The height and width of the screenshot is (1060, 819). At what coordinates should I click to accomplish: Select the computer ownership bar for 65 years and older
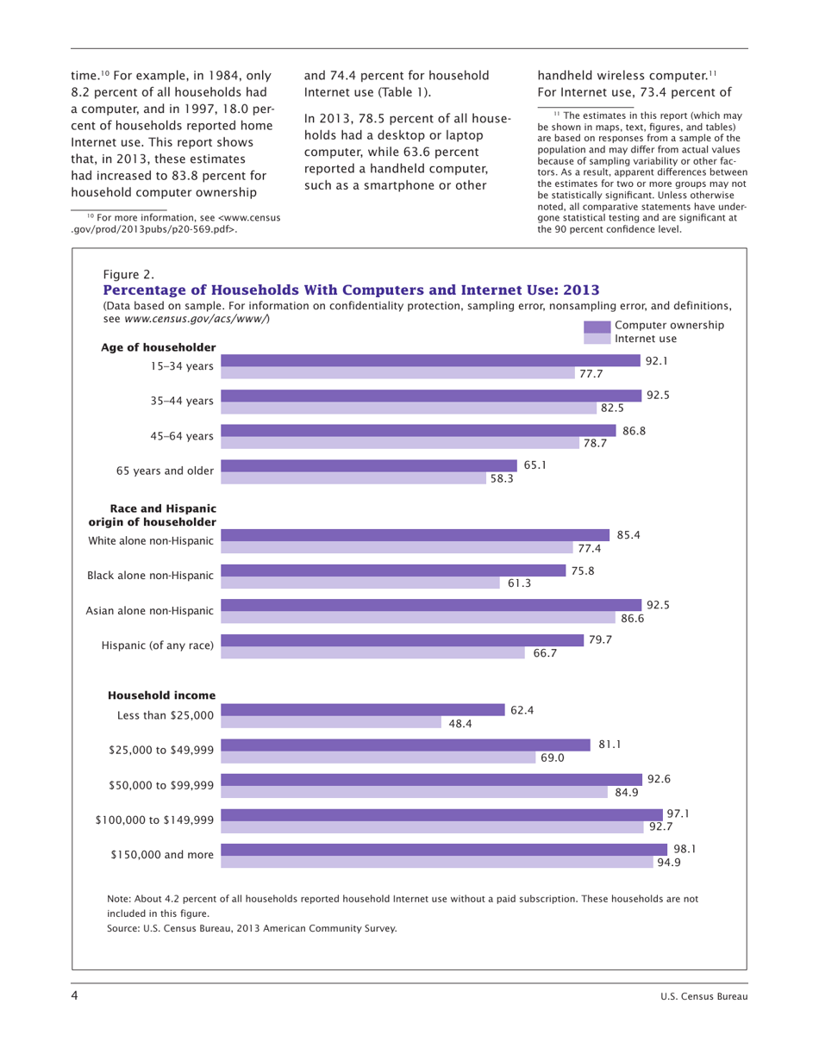click(369, 465)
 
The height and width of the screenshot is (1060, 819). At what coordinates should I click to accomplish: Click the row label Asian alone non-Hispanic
click(150, 611)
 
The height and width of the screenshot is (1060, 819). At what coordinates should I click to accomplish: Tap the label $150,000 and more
click(162, 855)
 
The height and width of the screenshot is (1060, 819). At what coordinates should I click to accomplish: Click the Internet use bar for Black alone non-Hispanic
click(360, 583)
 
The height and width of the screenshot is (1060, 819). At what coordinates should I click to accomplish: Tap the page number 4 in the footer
click(75, 997)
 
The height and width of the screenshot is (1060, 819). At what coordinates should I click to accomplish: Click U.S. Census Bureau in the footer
click(699, 998)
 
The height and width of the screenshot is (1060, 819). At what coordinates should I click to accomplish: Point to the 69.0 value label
click(553, 758)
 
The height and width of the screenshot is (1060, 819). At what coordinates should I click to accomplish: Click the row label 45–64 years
click(182, 436)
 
